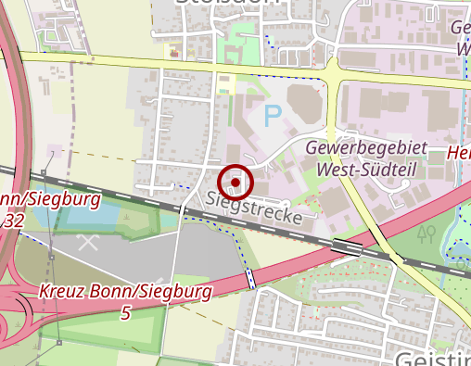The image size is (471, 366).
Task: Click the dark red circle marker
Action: click(x=237, y=183)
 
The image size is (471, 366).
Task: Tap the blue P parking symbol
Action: click(x=272, y=116)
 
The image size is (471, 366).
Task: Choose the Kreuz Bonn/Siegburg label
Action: click(x=125, y=293)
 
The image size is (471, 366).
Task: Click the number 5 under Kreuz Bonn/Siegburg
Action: click(x=125, y=313)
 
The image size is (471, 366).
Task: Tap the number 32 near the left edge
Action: click(x=13, y=221)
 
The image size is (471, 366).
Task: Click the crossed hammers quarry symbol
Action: click(x=88, y=244)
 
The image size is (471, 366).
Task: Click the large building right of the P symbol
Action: click(x=306, y=104)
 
